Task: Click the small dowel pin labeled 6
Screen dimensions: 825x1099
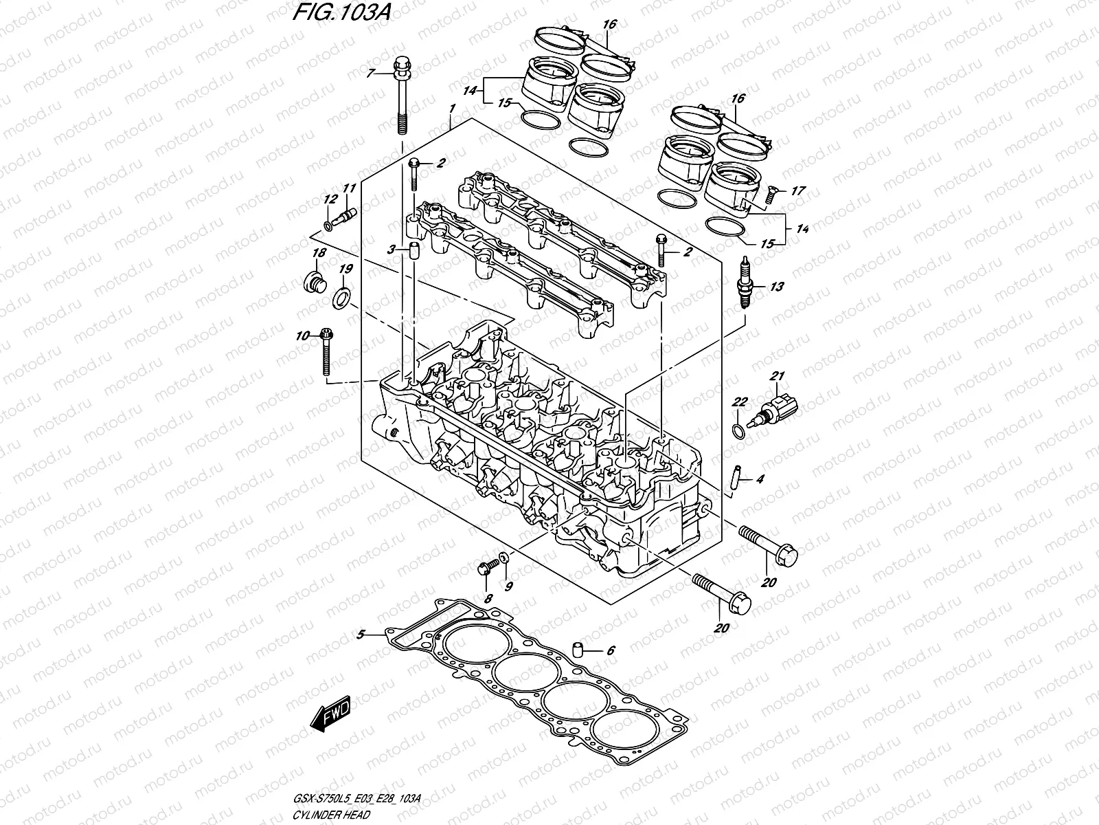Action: pos(578,649)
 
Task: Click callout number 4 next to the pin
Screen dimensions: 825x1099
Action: pos(759,479)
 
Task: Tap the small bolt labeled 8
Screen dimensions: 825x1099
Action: pos(485,569)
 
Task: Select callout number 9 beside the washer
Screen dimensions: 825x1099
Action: pos(508,586)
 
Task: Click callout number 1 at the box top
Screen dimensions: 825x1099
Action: pos(452,109)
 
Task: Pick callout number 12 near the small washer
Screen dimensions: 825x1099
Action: pos(331,199)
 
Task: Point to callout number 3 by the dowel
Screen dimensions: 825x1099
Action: pos(389,251)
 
